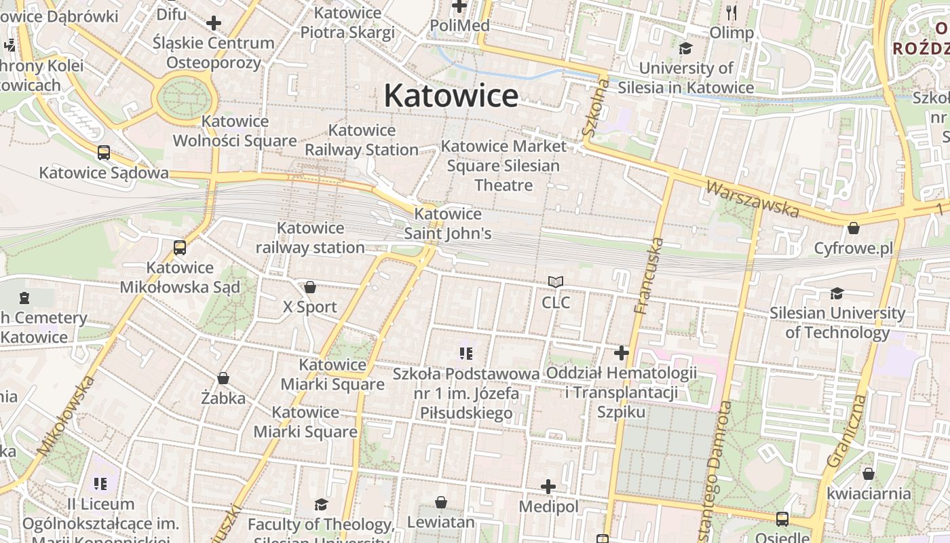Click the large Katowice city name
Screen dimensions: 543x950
451,96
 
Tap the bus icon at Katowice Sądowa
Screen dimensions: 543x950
104,153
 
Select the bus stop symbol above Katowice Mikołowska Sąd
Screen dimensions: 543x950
180,248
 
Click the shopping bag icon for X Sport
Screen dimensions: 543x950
310,287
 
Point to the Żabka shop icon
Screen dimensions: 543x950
223,378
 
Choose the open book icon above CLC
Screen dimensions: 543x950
556,282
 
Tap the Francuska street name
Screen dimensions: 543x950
649,275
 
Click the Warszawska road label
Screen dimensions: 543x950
752,198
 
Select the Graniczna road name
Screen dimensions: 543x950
848,430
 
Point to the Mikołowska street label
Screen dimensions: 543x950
66,415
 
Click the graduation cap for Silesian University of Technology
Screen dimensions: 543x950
837,293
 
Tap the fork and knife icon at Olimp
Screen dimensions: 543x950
731,12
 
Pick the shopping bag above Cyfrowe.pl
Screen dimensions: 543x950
854,228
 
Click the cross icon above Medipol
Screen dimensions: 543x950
548,487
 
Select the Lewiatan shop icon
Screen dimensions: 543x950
441,502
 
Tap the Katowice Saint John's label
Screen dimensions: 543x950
448,224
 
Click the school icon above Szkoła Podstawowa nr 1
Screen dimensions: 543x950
465,353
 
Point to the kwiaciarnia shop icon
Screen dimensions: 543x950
869,474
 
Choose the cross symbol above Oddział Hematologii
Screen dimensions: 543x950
622,353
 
